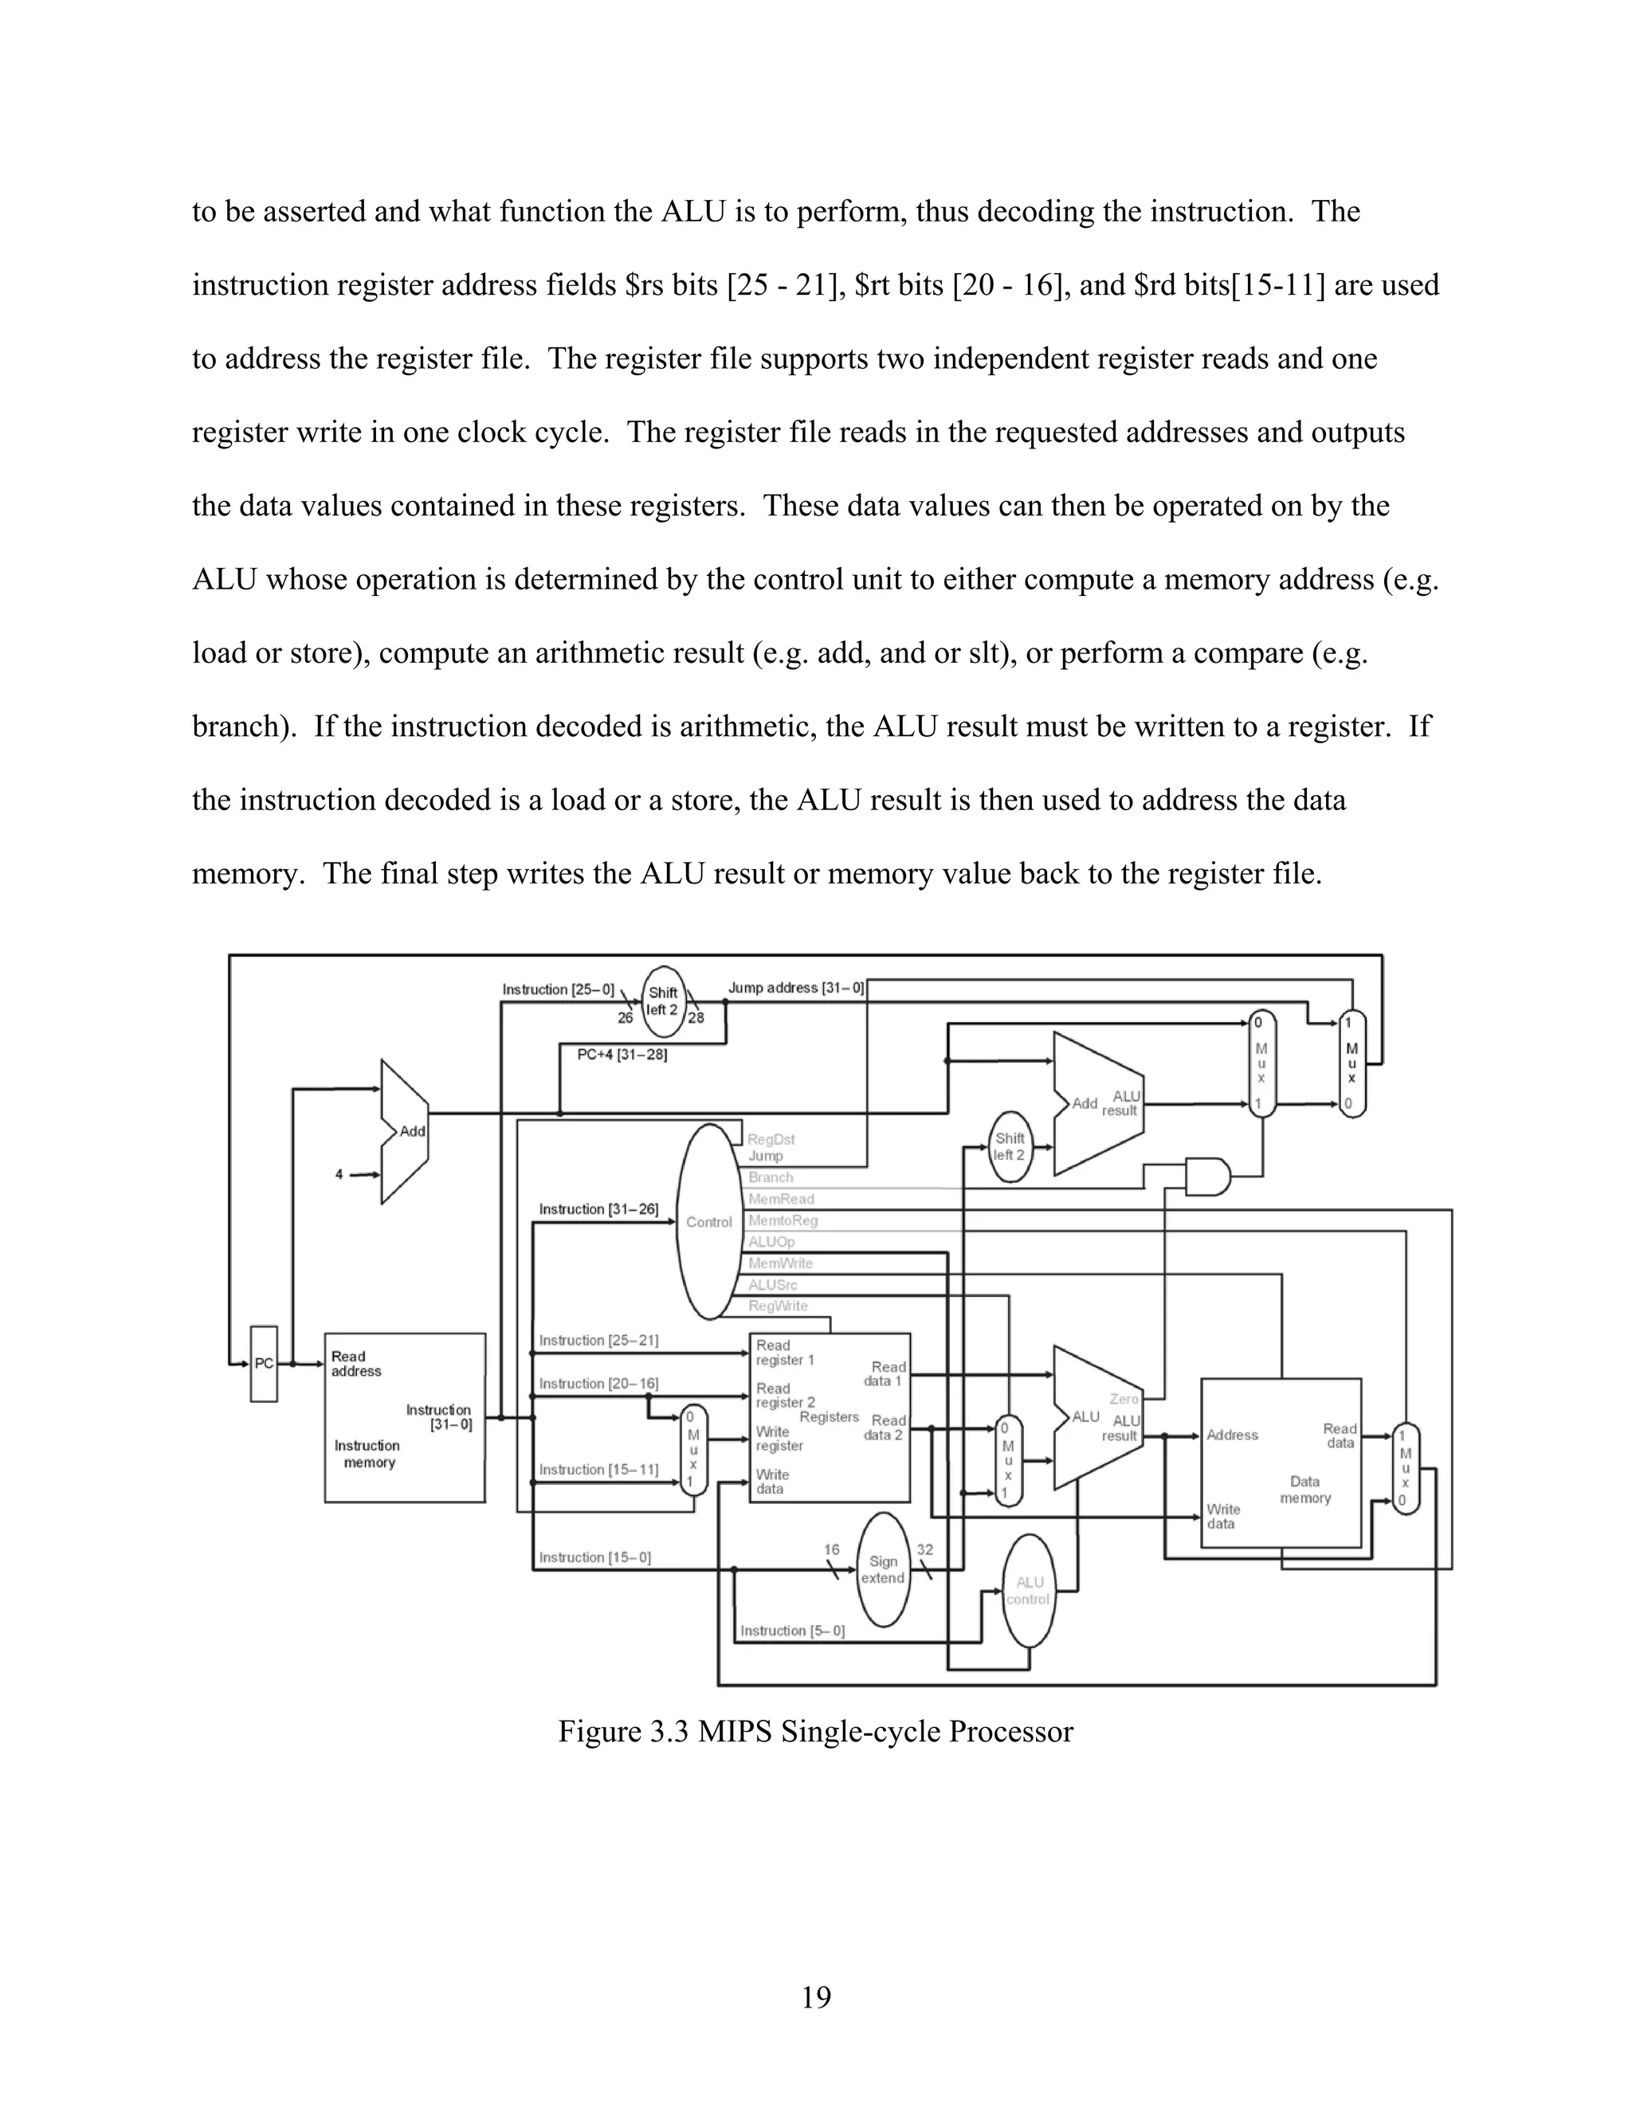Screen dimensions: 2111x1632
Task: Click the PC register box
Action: point(264,1364)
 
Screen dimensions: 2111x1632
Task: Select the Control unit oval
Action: point(708,1222)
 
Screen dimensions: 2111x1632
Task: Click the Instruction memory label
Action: point(368,1454)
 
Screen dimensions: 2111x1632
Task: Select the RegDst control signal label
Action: point(771,1140)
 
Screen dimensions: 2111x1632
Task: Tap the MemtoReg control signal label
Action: point(783,1220)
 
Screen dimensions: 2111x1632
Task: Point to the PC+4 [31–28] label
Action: point(622,1055)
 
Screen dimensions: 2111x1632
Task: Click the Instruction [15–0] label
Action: point(594,1557)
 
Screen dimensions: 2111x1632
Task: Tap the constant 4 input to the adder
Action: point(339,1174)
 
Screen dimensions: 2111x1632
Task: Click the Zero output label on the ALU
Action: point(1124,1399)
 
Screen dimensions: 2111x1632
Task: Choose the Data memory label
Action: point(1305,1490)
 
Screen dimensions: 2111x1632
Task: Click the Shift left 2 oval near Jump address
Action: point(662,1001)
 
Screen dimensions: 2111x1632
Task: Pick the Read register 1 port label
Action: point(785,1353)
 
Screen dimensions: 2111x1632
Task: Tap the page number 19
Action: point(816,1997)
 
